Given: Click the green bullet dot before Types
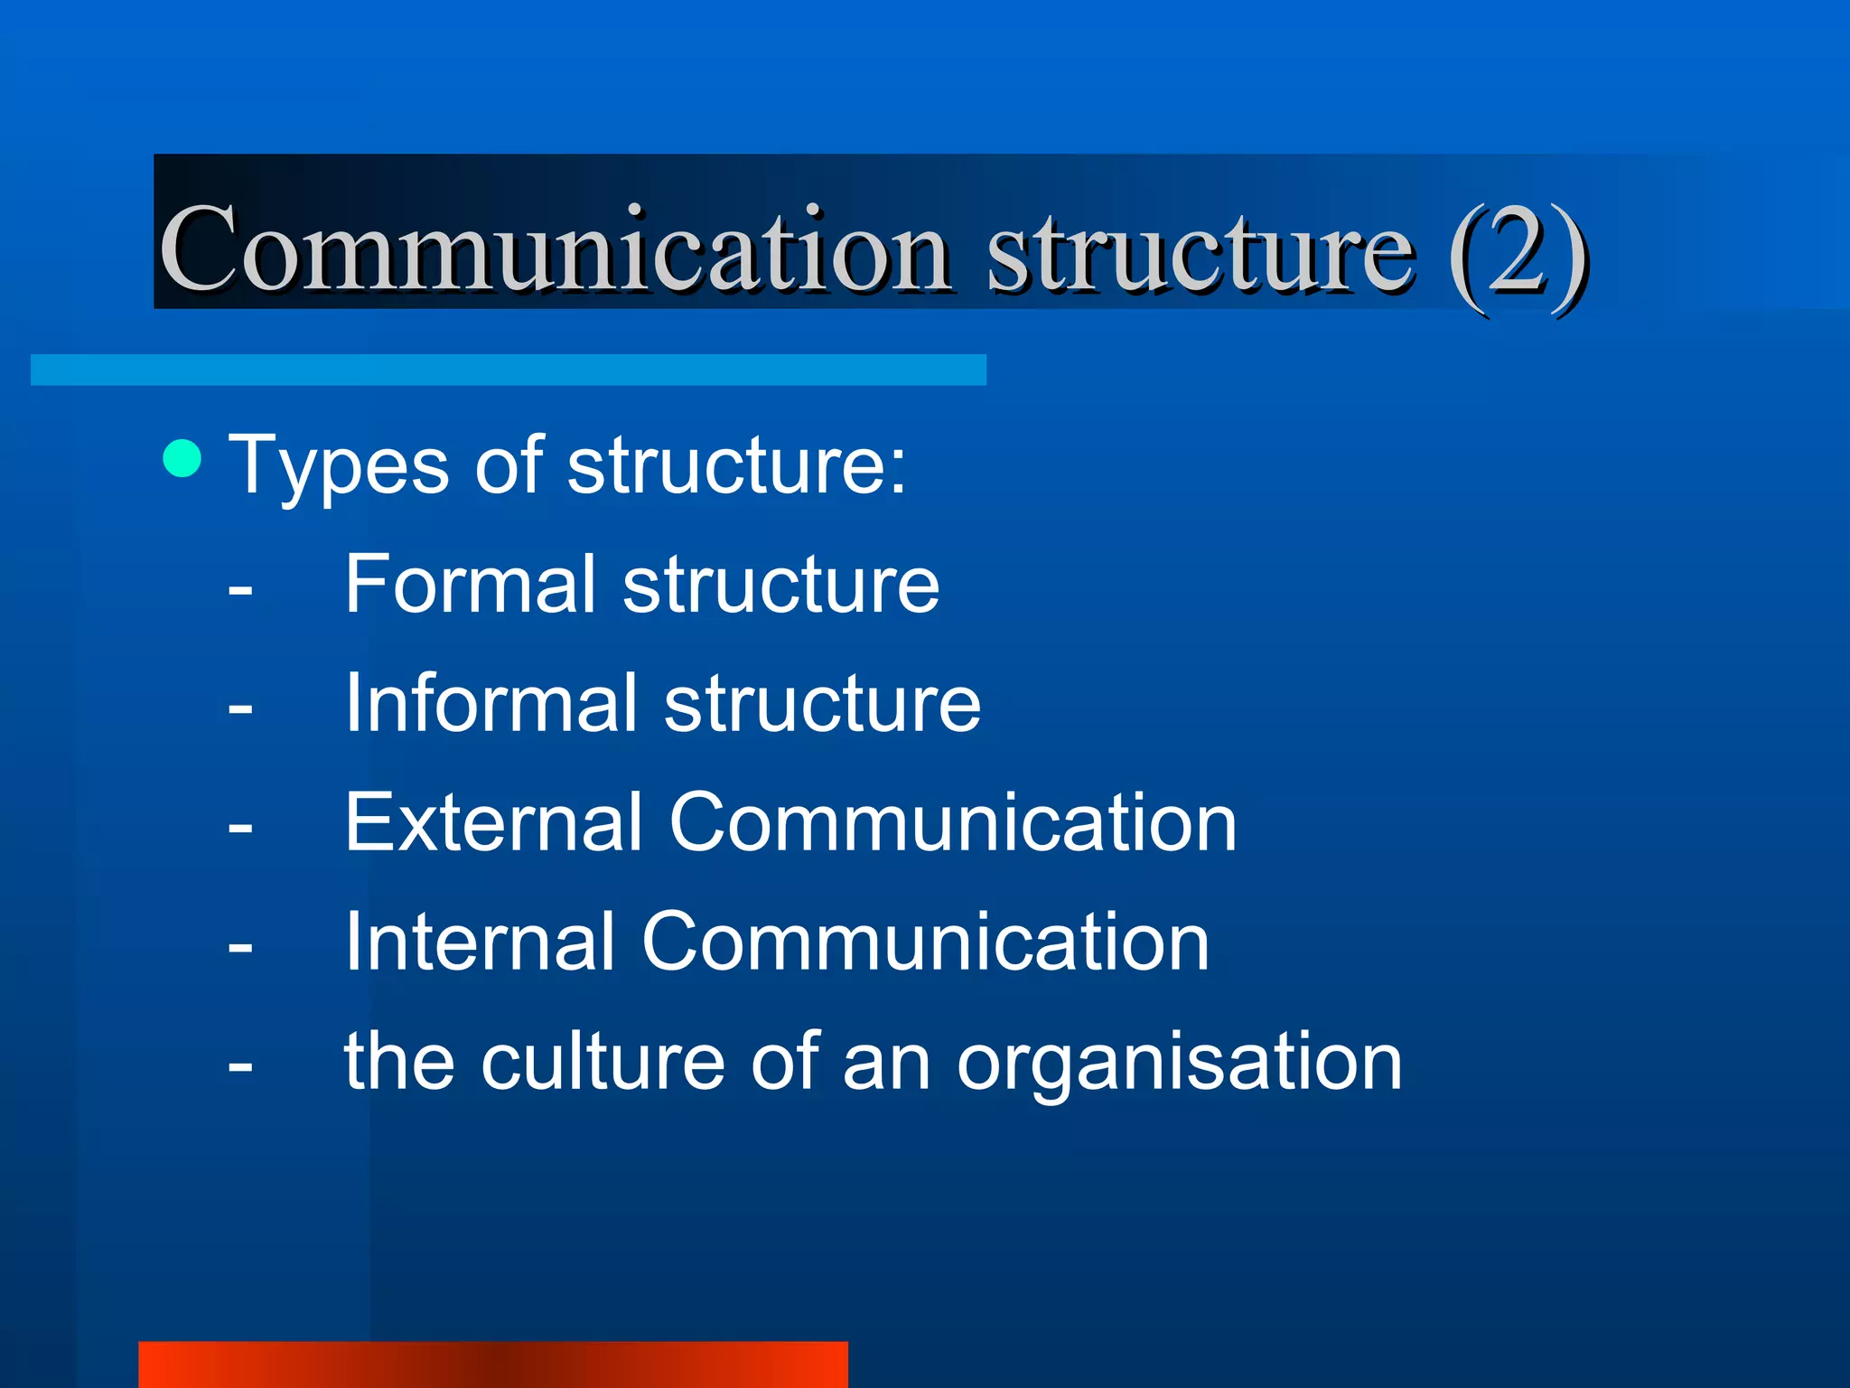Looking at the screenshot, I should pos(182,458).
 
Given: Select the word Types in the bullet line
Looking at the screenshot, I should pos(339,467).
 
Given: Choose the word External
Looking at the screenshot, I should pos(493,822).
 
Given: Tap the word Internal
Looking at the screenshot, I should pos(480,942).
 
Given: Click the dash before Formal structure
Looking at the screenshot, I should pos(240,590).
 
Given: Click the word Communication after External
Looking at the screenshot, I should pos(953,822).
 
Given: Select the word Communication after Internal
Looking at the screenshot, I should pos(925,942).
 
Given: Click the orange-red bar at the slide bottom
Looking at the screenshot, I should pos(493,1365).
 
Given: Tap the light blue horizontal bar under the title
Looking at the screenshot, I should pos(508,370).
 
